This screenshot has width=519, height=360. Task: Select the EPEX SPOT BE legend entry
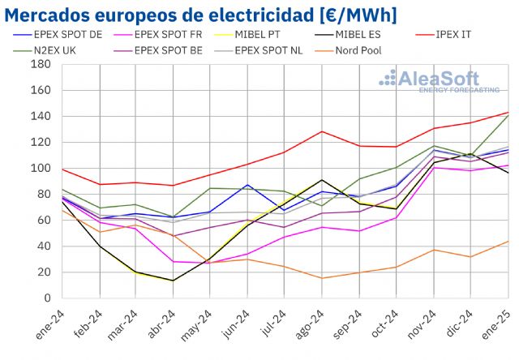click(x=166, y=49)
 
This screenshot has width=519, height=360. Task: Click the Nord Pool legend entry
click(x=357, y=49)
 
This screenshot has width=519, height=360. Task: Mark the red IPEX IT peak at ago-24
click(x=322, y=131)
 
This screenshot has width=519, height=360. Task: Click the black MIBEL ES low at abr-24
click(x=173, y=281)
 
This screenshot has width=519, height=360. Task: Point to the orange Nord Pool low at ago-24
click(x=322, y=278)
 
